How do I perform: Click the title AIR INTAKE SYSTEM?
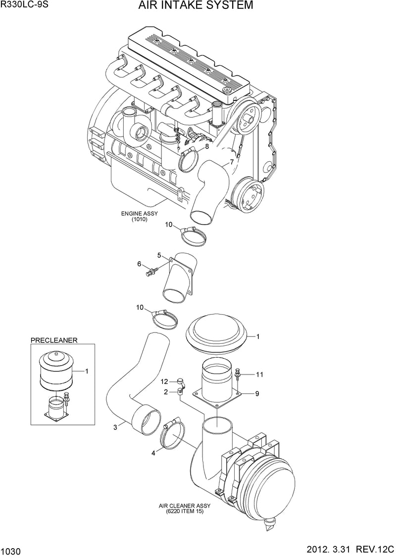(x=196, y=5)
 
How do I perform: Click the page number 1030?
(x=11, y=552)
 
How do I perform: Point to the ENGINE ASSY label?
(x=140, y=214)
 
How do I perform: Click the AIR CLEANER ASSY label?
(x=185, y=506)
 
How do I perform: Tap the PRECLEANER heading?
(x=54, y=340)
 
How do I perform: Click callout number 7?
(x=232, y=162)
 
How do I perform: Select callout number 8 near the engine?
(x=207, y=147)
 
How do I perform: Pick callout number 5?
(x=159, y=255)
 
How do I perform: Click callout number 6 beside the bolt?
(x=140, y=264)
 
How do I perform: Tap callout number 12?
(x=164, y=382)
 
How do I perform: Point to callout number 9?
(x=257, y=394)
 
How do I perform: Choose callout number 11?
(x=259, y=374)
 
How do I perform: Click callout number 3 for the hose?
(x=115, y=427)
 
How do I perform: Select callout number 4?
(x=153, y=453)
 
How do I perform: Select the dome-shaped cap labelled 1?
(x=217, y=334)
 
